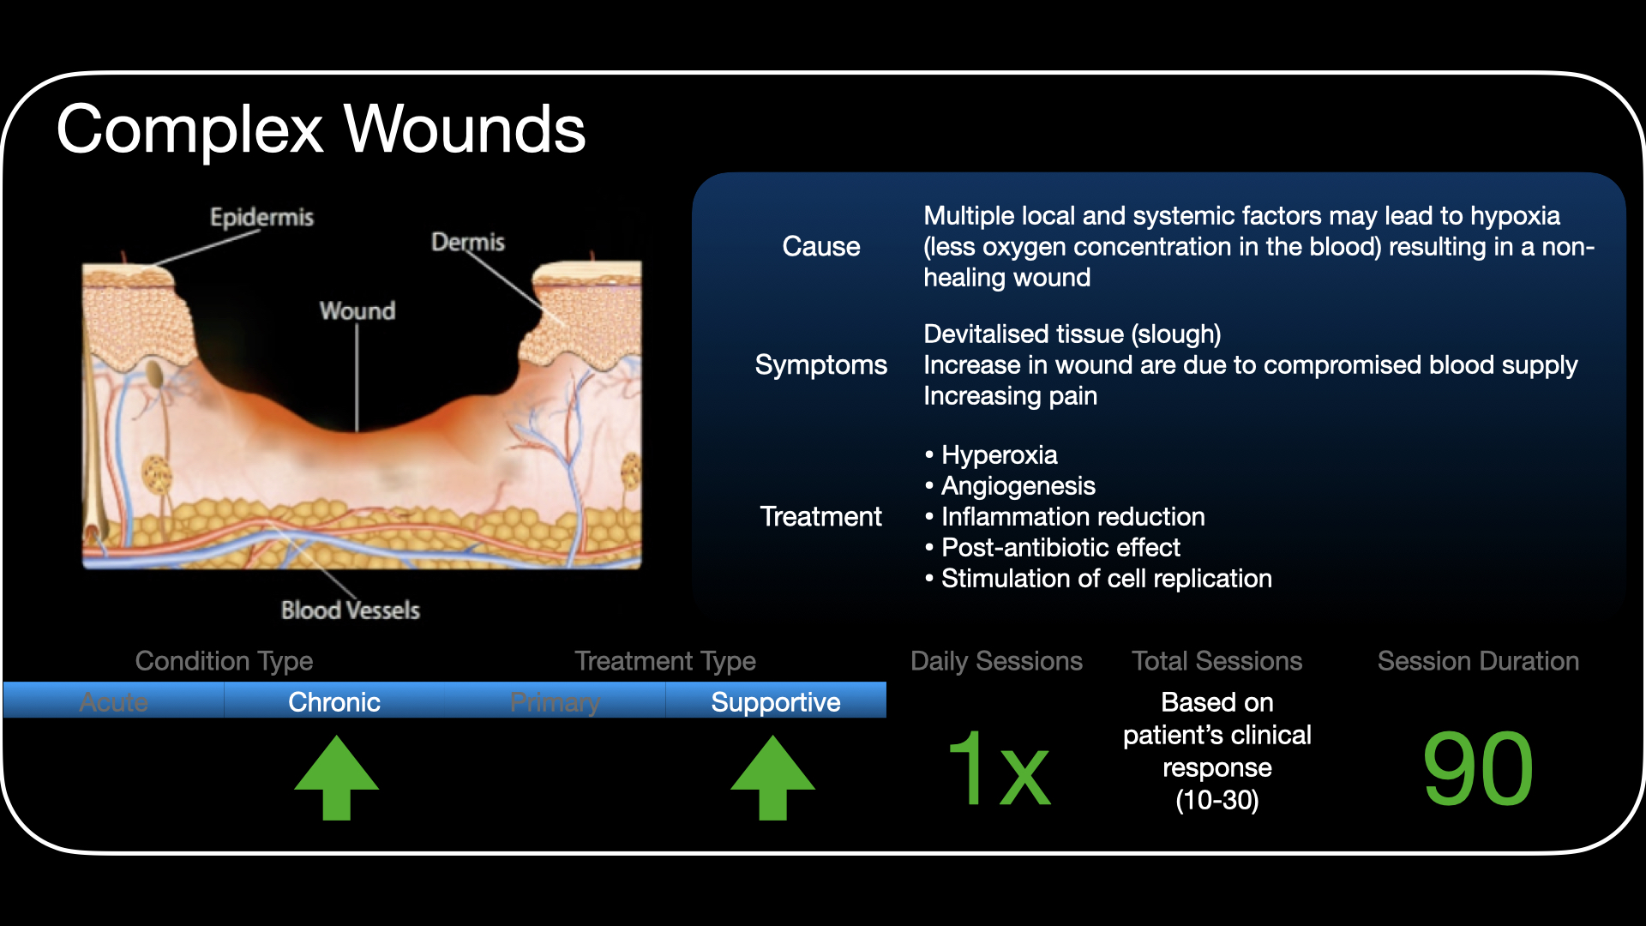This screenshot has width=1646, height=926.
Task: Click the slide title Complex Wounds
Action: [321, 129]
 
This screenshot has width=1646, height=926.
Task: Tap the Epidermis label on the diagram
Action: [261, 217]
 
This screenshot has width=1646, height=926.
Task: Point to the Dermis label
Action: [467, 242]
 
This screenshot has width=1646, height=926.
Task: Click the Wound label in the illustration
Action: [357, 310]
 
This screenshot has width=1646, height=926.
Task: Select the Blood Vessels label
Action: [350, 610]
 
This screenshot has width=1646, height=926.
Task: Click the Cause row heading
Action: [820, 247]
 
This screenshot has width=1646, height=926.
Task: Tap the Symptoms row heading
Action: [820, 365]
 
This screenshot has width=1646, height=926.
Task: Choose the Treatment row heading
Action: [820, 517]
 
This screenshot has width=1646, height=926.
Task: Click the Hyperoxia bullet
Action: [999, 455]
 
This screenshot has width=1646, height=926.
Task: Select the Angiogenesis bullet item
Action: [1018, 486]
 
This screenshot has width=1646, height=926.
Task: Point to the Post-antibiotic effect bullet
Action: [1060, 548]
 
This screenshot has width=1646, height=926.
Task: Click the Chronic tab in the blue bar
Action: [333, 702]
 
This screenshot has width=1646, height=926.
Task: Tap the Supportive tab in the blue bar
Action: [775, 702]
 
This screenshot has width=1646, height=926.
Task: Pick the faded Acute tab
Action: [113, 702]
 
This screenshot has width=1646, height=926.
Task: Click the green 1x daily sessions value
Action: [998, 769]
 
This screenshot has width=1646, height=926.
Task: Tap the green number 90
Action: [1477, 769]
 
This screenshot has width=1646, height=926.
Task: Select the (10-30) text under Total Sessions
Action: [1216, 801]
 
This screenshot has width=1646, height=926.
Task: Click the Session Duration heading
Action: [1477, 661]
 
